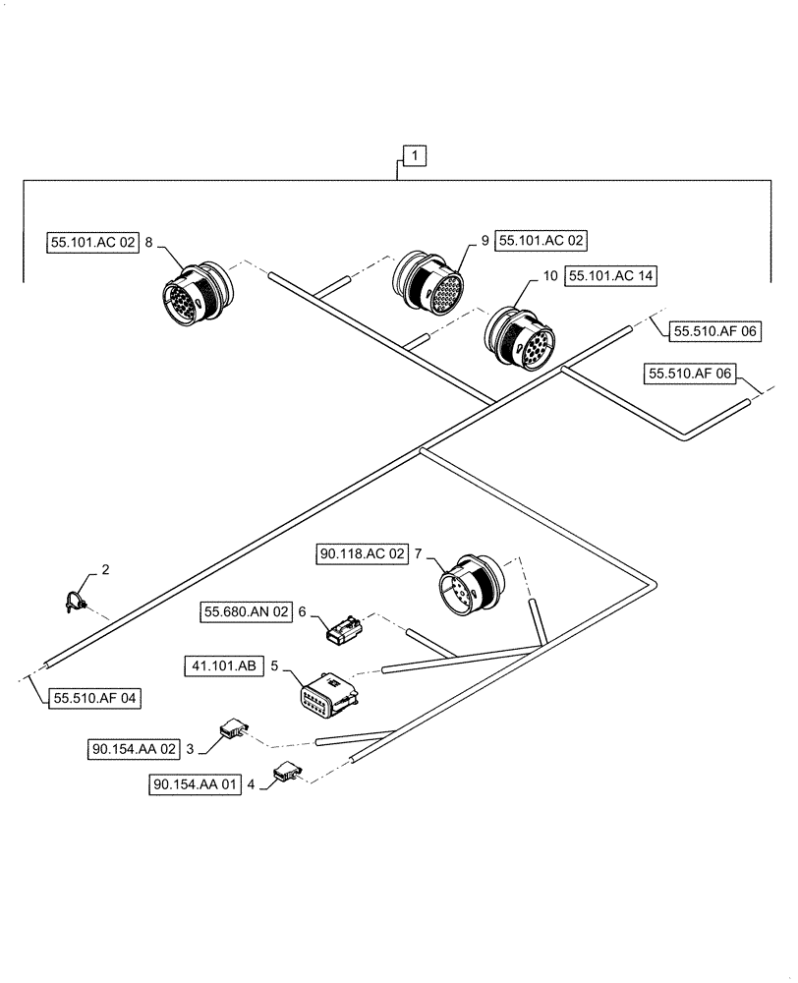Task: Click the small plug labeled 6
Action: (x=344, y=628)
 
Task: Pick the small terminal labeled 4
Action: (x=287, y=774)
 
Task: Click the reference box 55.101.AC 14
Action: (x=610, y=277)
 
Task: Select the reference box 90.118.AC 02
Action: (x=362, y=555)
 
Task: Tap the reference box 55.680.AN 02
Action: (x=247, y=611)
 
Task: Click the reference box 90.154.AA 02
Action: (x=134, y=749)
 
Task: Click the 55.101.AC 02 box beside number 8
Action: (x=93, y=241)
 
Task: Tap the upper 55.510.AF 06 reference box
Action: (x=715, y=332)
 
